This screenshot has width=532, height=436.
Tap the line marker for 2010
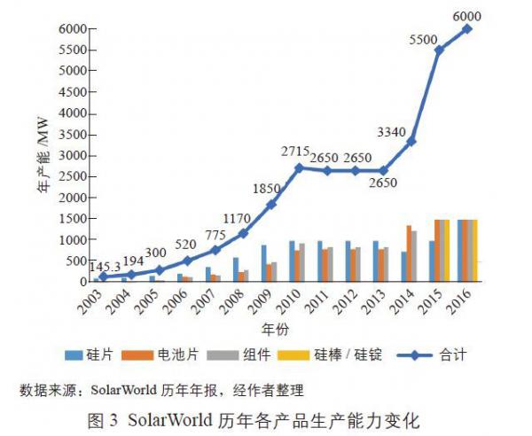coord(299,167)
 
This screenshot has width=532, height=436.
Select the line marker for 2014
coord(411,141)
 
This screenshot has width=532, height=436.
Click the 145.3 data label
coord(110,264)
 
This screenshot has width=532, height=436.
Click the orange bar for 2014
coord(409,253)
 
